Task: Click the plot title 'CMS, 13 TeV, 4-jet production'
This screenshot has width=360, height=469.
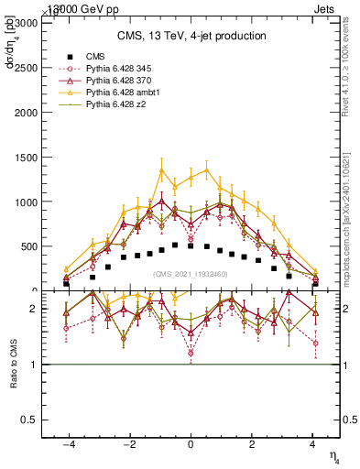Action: click(x=191, y=36)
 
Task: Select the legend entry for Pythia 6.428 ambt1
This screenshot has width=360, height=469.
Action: click(x=119, y=94)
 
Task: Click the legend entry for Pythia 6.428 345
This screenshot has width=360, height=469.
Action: click(x=117, y=69)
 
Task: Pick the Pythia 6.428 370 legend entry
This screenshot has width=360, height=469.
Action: click(x=117, y=82)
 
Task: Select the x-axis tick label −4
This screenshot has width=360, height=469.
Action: click(x=68, y=444)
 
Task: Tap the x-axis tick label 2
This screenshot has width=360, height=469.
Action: click(x=251, y=444)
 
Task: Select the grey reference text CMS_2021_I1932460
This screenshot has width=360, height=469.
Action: click(x=191, y=274)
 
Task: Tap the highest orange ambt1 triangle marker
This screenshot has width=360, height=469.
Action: click(x=161, y=170)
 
